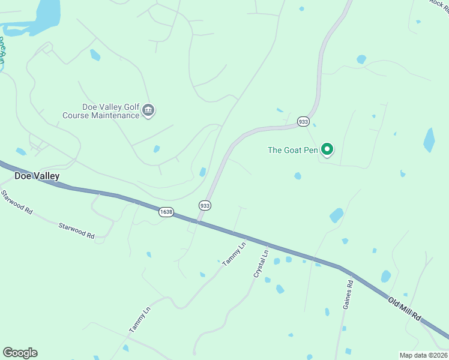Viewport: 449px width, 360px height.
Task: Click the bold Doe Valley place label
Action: [x=37, y=176]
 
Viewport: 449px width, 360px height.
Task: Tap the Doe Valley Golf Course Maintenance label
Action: [x=101, y=111]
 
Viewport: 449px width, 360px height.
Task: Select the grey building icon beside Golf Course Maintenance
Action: [x=149, y=111]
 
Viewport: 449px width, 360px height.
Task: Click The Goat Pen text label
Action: [x=292, y=150]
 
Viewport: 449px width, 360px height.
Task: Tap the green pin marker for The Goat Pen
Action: [x=327, y=149]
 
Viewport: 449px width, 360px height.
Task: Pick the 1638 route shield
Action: [x=166, y=212]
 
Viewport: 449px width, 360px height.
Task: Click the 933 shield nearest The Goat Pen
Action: [x=303, y=122]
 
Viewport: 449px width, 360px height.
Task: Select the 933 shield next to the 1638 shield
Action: [x=205, y=205]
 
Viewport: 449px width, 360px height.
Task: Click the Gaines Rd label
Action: [x=348, y=294]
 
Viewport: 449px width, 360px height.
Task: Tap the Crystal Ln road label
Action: [x=260, y=263]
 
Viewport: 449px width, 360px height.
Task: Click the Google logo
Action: [x=20, y=353]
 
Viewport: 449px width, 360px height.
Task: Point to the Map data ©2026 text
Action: [x=423, y=355]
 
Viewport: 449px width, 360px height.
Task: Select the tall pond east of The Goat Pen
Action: [x=429, y=140]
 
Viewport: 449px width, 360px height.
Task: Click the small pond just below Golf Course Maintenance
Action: [x=157, y=149]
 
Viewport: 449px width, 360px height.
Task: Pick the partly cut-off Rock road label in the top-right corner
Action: [x=439, y=4]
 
